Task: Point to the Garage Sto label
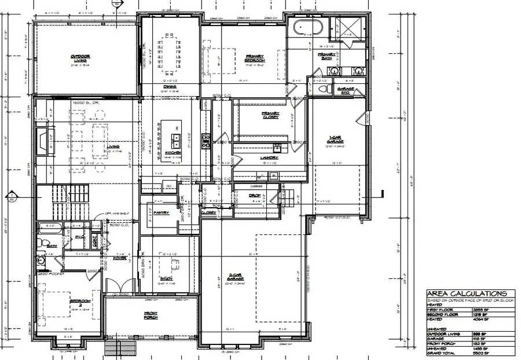tap(347, 90)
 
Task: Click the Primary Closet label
tap(270, 115)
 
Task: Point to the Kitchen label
tap(173, 153)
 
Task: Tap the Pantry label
tap(162, 212)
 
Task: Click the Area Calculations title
tap(466, 294)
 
